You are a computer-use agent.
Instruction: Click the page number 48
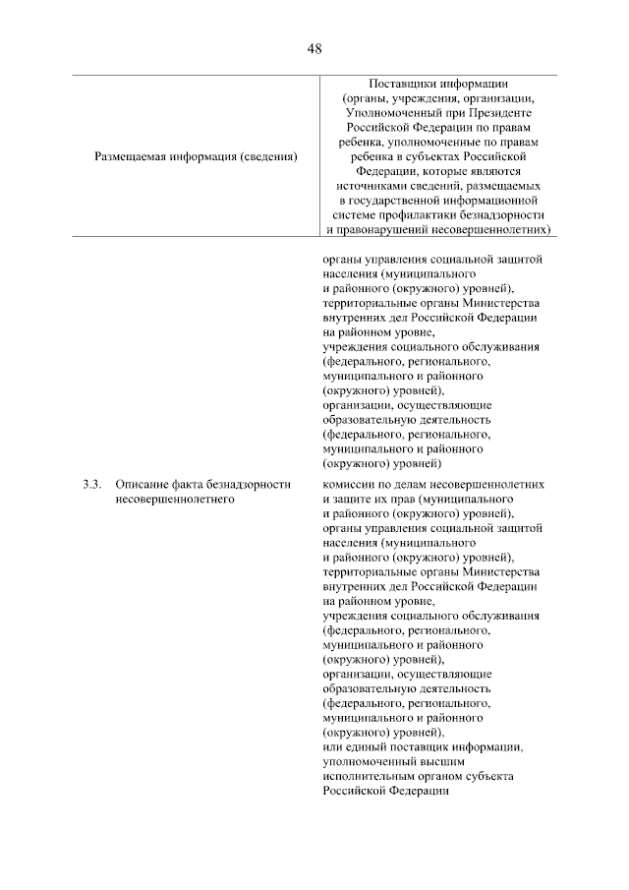314,48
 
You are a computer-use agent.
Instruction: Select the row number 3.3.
91,484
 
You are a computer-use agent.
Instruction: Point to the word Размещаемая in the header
130,155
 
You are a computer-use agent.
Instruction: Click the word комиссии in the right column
350,484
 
